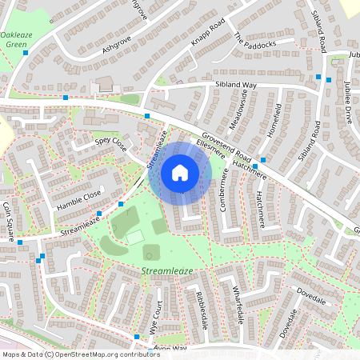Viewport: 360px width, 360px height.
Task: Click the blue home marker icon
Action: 180,173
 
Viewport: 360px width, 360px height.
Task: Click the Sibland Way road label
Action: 234,85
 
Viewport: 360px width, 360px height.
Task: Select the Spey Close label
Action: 111,143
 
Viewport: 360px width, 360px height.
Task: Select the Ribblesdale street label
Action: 197,307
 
